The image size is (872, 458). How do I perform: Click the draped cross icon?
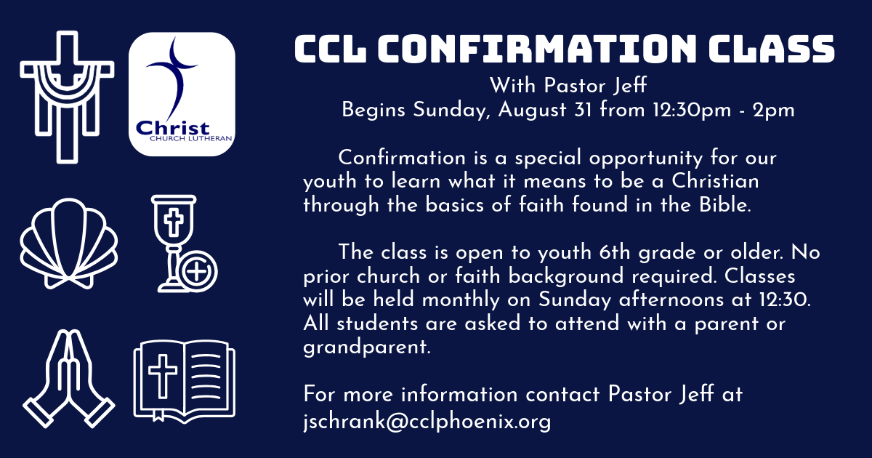coord(68,97)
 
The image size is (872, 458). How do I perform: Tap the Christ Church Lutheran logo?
coord(182,95)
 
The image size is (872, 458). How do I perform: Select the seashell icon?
coord(68,244)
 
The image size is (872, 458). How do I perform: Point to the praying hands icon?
coord(69,379)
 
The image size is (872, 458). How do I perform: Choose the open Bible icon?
coord(185,382)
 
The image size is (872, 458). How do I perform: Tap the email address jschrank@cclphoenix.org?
coord(427,422)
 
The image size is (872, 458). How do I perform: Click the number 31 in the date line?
coord(583,110)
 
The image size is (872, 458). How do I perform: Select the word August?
coord(532,111)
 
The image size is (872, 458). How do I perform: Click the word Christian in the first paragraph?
coord(716,182)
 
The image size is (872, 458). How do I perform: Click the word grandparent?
coord(367,347)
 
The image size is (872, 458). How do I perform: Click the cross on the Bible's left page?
coord(163,377)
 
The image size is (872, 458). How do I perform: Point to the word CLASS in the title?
coord(772,49)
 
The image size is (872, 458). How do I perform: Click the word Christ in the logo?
coord(173,128)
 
